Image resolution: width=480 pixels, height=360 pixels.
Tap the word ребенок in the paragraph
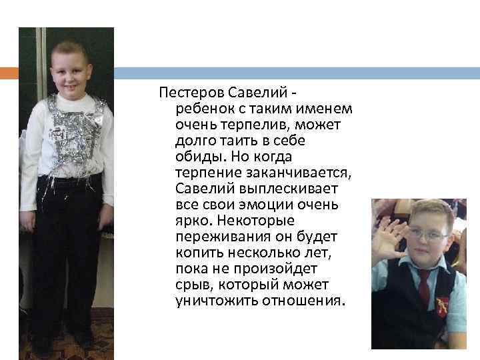[x=202, y=107]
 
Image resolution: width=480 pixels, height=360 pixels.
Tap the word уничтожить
[x=208, y=301]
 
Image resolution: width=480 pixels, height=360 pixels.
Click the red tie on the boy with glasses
[x=423, y=287]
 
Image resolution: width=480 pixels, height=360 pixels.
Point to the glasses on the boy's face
[x=427, y=235]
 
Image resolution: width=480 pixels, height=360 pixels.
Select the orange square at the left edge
[x=9, y=73]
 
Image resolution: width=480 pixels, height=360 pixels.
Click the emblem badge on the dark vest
[x=442, y=306]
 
